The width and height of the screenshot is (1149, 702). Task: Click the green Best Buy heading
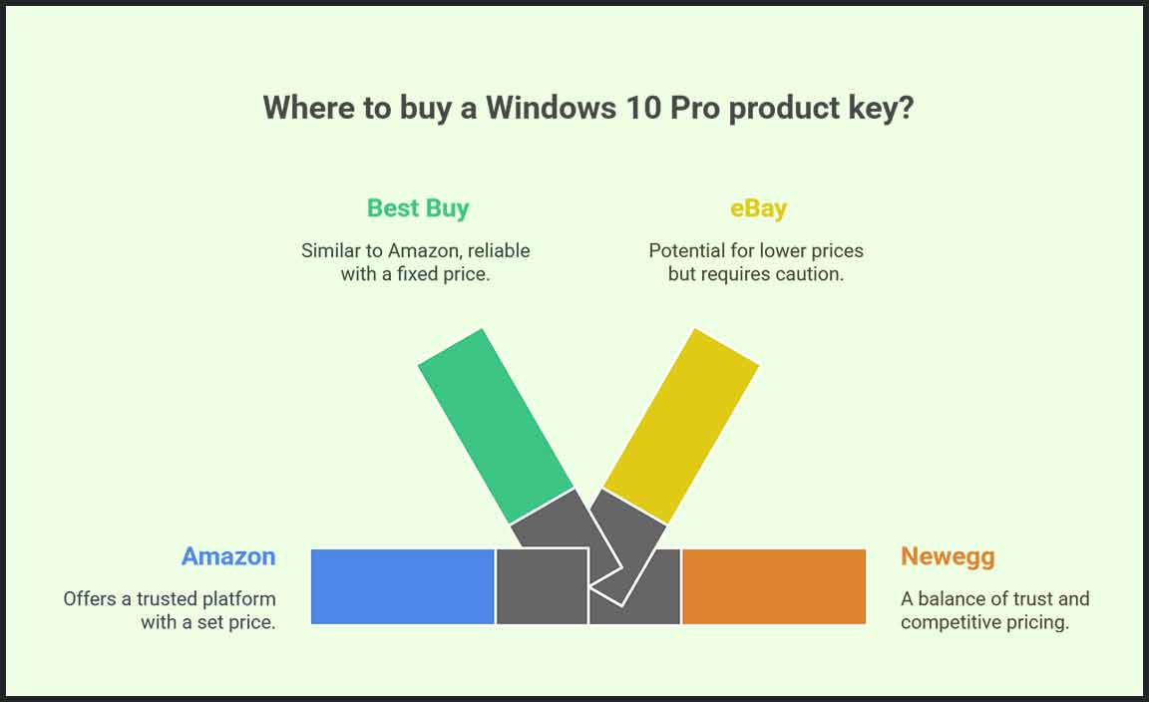click(x=418, y=208)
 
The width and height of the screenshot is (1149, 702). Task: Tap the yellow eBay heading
click(x=758, y=208)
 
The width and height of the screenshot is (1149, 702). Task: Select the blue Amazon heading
click(x=228, y=556)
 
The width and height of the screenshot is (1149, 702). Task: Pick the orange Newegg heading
click(x=948, y=556)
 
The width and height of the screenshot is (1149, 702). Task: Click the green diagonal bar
click(x=496, y=426)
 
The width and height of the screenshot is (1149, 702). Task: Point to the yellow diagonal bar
click(x=681, y=426)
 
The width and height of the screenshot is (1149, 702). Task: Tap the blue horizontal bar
click(x=402, y=587)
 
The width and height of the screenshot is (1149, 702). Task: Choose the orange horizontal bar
click(x=774, y=587)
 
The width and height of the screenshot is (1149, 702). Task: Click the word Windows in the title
click(x=551, y=108)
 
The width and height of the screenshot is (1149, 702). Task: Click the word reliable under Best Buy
click(x=499, y=250)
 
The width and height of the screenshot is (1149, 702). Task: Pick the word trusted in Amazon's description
click(x=168, y=598)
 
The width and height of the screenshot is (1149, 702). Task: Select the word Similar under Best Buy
click(x=330, y=250)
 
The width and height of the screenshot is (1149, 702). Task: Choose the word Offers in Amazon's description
click(x=90, y=598)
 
